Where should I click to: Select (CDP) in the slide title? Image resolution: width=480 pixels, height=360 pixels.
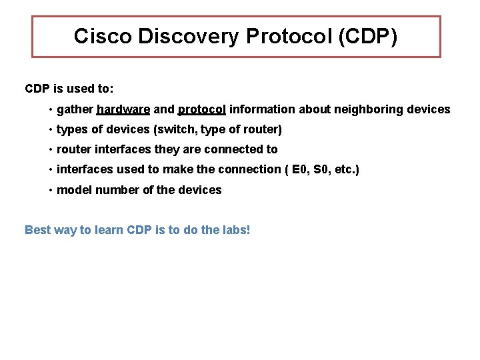click(368, 36)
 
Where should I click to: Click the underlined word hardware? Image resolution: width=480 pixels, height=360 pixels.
click(123, 109)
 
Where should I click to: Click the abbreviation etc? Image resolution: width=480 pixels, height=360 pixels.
click(345, 169)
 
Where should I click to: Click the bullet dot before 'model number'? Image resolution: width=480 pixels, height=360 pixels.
click(51, 190)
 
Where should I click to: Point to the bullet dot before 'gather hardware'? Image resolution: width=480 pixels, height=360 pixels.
click(51, 109)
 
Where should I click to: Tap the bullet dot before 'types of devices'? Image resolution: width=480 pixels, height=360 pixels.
click(51, 129)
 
